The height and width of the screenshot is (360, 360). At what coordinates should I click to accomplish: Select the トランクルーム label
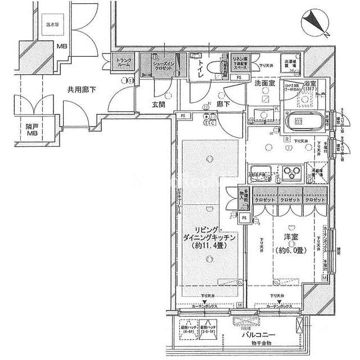coord(124,63)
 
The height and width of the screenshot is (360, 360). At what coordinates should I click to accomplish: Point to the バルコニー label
coord(258,335)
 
